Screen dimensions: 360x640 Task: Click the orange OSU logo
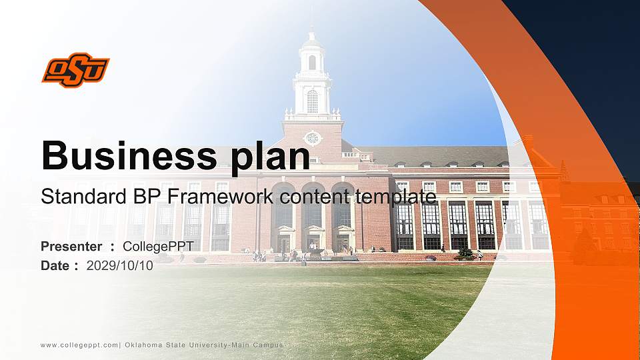[x=75, y=71]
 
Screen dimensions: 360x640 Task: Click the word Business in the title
[x=125, y=156]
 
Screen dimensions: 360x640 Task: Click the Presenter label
[x=71, y=247]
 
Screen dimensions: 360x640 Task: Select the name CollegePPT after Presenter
[x=159, y=247]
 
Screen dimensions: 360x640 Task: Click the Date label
[x=55, y=265]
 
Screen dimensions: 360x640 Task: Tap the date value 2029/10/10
[x=120, y=265]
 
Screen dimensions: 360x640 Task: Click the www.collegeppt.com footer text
[x=79, y=345]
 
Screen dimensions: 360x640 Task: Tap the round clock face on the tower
[x=312, y=138]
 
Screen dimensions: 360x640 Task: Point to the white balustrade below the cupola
[x=312, y=116]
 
